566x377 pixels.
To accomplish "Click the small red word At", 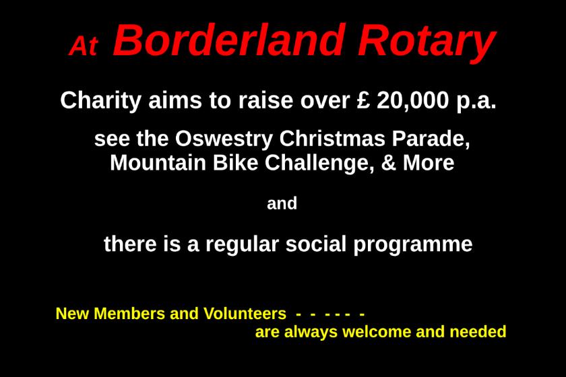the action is [x=84, y=46].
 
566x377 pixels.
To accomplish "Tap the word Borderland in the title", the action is [x=228, y=40].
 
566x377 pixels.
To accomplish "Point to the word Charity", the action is [x=100, y=100].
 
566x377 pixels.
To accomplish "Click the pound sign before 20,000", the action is [x=363, y=100].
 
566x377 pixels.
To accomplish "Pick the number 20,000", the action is [x=413, y=101].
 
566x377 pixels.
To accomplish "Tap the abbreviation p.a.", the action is [x=476, y=102].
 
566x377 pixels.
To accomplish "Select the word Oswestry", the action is [x=224, y=139].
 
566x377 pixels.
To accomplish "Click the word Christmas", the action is [x=332, y=138].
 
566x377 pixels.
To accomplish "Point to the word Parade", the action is [x=431, y=139].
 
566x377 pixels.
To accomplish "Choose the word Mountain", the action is [x=158, y=163].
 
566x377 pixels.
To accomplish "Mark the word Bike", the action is [x=235, y=163].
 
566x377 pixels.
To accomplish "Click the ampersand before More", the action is [x=388, y=163].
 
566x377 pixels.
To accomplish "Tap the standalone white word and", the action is [x=282, y=203].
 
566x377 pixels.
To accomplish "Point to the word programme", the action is [x=413, y=245].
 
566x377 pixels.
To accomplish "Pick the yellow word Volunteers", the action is [x=245, y=314].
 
